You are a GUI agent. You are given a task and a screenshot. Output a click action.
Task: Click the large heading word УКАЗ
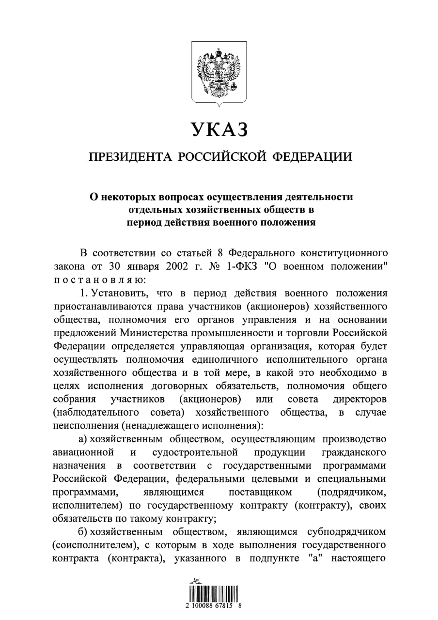[x=219, y=129]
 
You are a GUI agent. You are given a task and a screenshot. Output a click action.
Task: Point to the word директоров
[x=359, y=399]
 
